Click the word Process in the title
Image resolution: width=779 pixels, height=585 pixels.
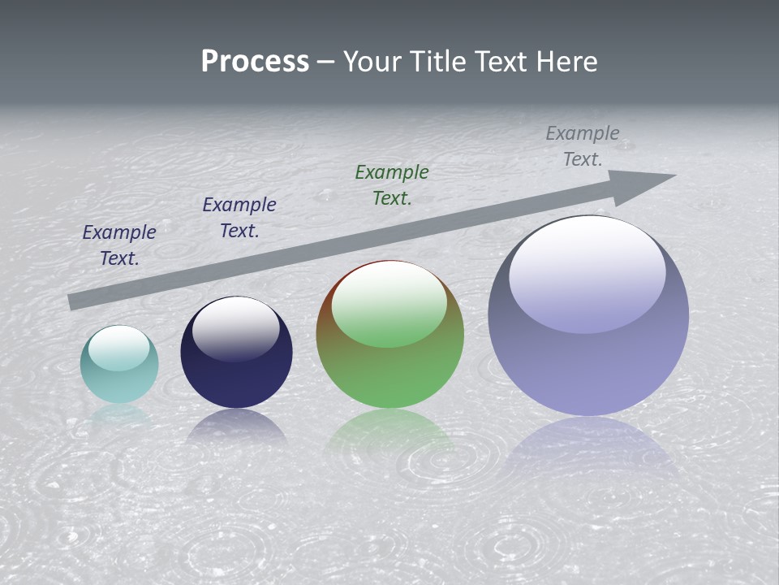click(255, 62)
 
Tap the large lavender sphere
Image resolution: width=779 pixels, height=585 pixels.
click(588, 357)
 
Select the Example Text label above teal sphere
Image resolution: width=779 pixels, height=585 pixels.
click(119, 245)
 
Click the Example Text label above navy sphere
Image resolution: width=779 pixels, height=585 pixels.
click(239, 218)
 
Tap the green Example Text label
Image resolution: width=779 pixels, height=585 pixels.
click(392, 184)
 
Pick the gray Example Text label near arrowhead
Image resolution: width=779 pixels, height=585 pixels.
click(583, 146)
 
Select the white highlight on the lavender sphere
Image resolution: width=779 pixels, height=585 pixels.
click(587, 272)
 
